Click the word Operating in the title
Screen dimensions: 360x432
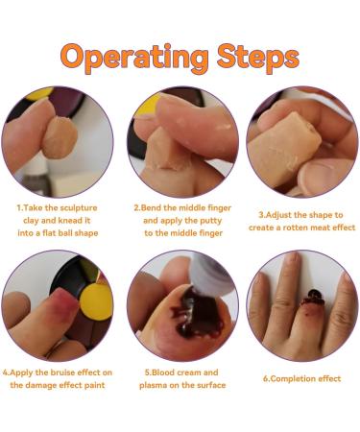tap(134, 59)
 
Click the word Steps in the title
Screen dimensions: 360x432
tap(258, 58)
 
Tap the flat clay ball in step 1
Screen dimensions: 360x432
tap(60, 137)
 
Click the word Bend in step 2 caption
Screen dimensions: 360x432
tap(152, 207)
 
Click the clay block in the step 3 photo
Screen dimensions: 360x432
tap(284, 149)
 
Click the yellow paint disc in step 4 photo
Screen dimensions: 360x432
tap(96, 301)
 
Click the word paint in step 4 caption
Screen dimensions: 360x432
tap(95, 385)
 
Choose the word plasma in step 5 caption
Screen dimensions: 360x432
tap(153, 385)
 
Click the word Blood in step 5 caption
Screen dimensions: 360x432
tap(163, 372)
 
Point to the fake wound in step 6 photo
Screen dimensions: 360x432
tap(313, 299)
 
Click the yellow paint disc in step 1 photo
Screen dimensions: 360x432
tap(38, 92)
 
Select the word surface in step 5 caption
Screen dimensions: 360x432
tap(210, 385)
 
